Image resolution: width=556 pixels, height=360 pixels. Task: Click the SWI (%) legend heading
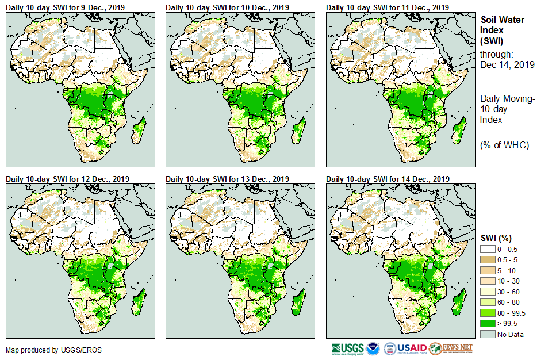click(x=496, y=238)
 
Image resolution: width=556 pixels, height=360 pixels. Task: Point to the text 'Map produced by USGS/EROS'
click(x=53, y=350)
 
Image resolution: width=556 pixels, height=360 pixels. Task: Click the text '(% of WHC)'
click(x=504, y=145)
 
